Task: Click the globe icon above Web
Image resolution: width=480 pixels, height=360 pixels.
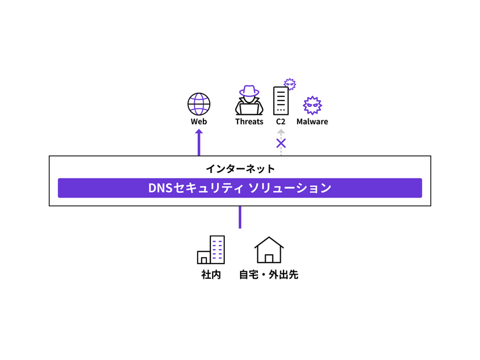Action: coord(199,104)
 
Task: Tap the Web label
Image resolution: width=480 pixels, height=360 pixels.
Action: coord(199,122)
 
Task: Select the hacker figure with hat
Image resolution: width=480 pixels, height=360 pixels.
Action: coord(249,100)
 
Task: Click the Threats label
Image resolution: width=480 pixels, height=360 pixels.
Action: coord(249,122)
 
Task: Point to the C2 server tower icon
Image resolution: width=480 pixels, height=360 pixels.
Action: coord(281,101)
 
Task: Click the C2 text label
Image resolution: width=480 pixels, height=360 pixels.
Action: coord(281,122)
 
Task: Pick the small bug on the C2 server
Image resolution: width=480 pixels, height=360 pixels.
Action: coord(289,84)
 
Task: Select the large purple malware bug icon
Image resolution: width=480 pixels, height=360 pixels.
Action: coord(312,105)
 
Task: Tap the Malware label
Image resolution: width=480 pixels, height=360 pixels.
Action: coord(312,122)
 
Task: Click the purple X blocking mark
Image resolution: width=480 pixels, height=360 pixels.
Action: coord(281,143)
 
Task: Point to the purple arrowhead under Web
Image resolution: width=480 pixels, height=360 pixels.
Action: coord(199,133)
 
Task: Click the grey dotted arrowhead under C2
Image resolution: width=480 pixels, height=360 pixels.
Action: coord(281,132)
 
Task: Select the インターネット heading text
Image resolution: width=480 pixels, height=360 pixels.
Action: coord(240,169)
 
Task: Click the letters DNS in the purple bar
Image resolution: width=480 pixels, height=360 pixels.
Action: coord(161,188)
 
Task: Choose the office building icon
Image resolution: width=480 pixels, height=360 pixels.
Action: coord(211,250)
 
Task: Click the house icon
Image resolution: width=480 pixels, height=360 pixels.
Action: coord(269,250)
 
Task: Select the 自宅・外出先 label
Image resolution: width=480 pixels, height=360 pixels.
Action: coord(268,275)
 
